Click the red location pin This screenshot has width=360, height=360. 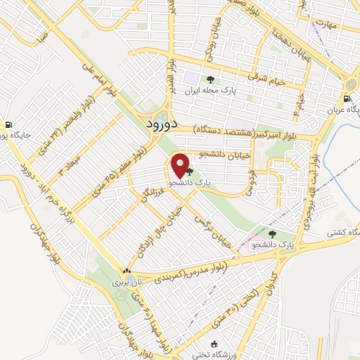(180, 166)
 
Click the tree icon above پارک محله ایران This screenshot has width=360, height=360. (210, 79)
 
